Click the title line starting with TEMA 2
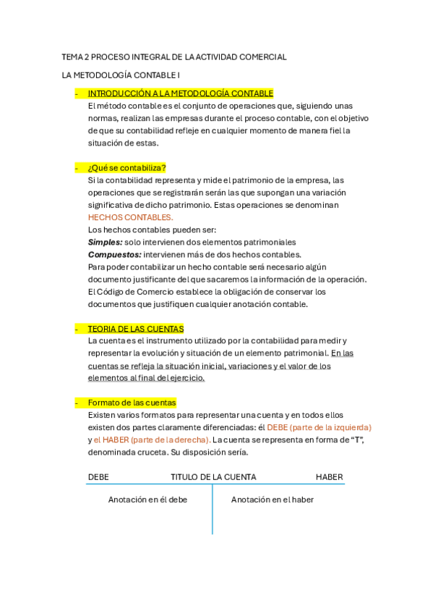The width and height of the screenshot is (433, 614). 174,56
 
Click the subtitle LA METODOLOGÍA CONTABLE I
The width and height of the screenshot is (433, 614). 121,75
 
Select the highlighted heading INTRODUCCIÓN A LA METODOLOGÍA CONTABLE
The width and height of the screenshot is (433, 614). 180,93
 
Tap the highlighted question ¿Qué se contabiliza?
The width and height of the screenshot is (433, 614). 127,168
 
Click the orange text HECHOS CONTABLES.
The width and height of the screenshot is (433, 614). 130,217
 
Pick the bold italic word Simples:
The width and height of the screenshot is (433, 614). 105,242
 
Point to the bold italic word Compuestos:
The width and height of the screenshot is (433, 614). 114,254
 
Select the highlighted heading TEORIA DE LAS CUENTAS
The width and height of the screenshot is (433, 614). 135,329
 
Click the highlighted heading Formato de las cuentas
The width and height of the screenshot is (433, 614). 132,403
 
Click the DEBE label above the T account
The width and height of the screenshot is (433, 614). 98,477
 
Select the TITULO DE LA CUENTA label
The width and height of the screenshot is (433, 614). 213,477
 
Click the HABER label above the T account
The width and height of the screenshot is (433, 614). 329,477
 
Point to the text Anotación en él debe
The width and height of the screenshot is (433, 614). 147,500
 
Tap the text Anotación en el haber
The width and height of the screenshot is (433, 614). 273,500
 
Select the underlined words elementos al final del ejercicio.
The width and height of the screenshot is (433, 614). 146,378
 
